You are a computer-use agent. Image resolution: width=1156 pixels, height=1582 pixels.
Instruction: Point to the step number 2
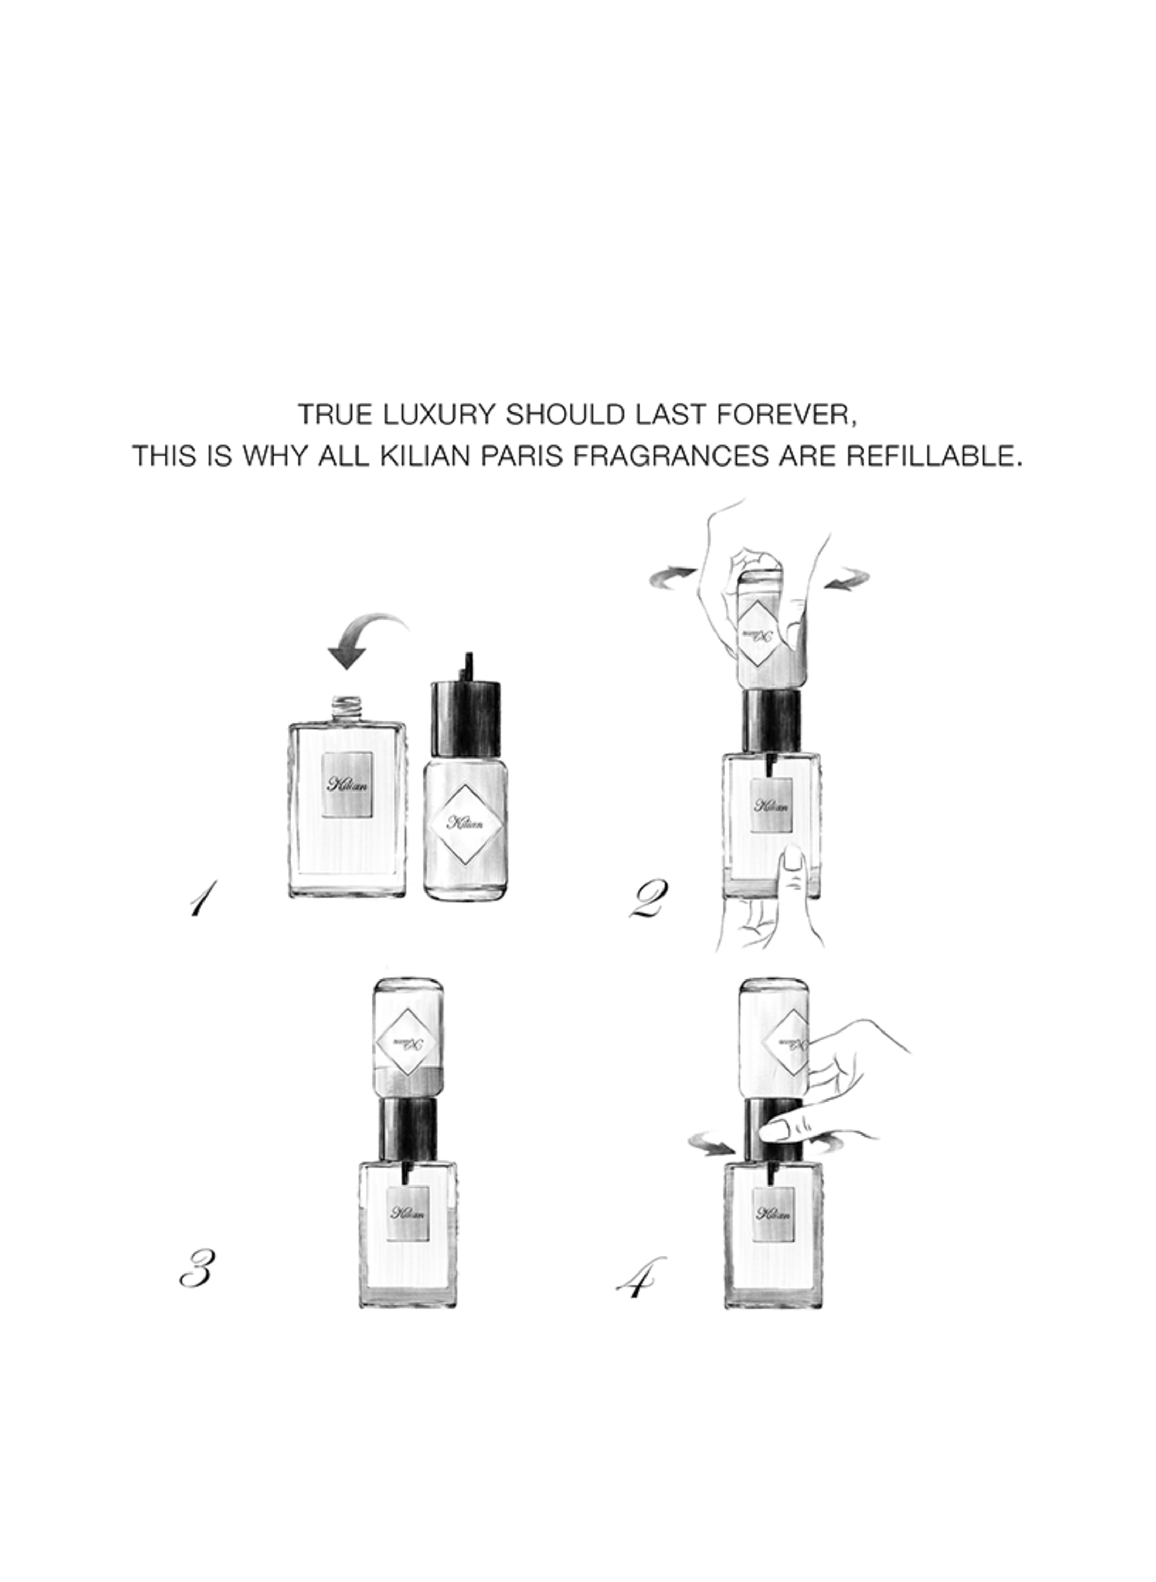tap(649, 900)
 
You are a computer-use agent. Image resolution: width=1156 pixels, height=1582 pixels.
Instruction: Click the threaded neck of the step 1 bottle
tap(347, 709)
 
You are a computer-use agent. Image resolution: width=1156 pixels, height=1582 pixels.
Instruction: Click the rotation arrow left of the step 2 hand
tap(672, 576)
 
